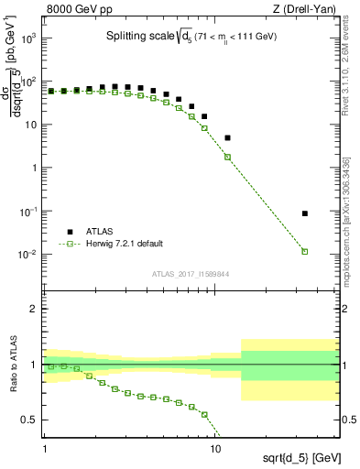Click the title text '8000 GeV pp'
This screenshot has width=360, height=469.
coord(74,10)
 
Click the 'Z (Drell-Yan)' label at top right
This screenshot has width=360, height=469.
coord(304,10)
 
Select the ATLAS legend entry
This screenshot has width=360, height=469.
coord(93,232)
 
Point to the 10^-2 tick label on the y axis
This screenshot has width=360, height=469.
coord(28,255)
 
